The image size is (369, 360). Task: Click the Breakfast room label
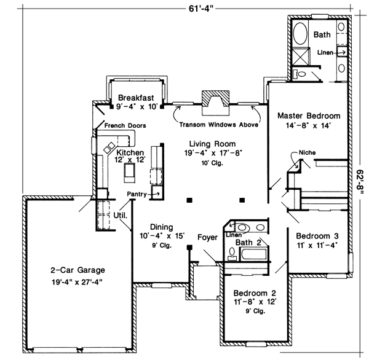(x=136, y=97)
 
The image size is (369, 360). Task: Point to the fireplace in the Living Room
(x=215, y=102)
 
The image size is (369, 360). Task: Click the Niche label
(x=307, y=151)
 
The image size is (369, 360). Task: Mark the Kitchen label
(x=130, y=152)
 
